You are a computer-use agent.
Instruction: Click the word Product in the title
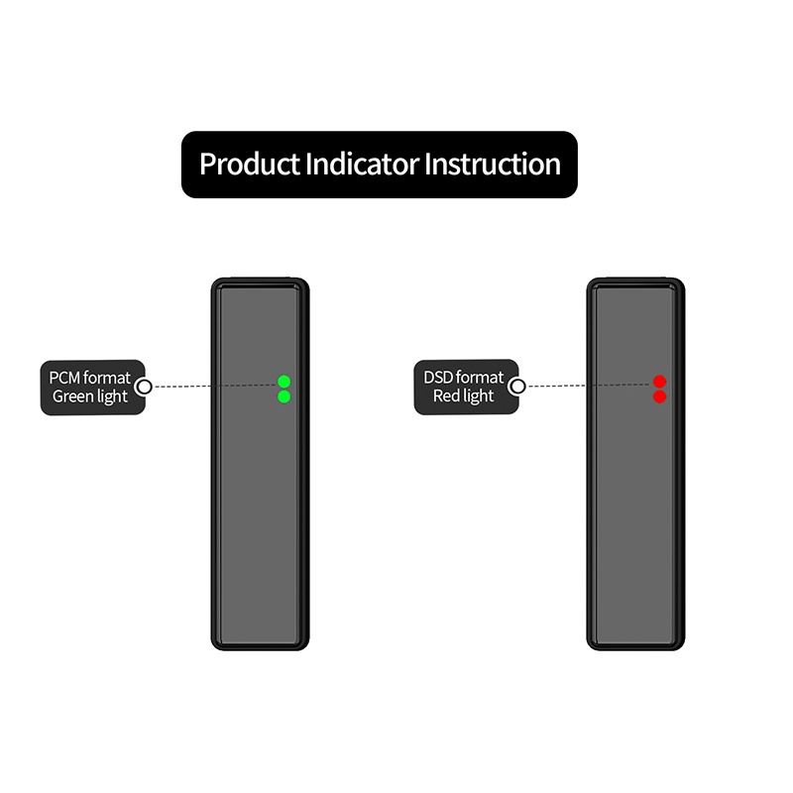click(x=250, y=164)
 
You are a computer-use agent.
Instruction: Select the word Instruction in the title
click(x=493, y=164)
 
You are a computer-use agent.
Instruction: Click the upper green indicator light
click(x=284, y=382)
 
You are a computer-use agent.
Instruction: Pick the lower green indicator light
click(x=284, y=396)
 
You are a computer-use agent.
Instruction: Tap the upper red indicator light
click(x=660, y=382)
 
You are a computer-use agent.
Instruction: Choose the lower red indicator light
click(x=660, y=396)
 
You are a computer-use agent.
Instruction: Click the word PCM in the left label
click(x=65, y=378)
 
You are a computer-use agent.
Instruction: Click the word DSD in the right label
click(x=439, y=378)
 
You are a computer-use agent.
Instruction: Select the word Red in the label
click(x=446, y=396)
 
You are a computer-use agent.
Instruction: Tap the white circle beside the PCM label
click(x=144, y=387)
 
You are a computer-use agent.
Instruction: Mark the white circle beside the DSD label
click(x=517, y=387)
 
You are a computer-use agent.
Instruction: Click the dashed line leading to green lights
click(x=213, y=386)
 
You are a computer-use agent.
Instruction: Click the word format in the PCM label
click(x=107, y=378)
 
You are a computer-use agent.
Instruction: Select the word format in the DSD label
click(x=481, y=378)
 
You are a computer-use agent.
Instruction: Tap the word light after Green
click(x=111, y=396)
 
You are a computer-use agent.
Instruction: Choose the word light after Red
click(x=478, y=396)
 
